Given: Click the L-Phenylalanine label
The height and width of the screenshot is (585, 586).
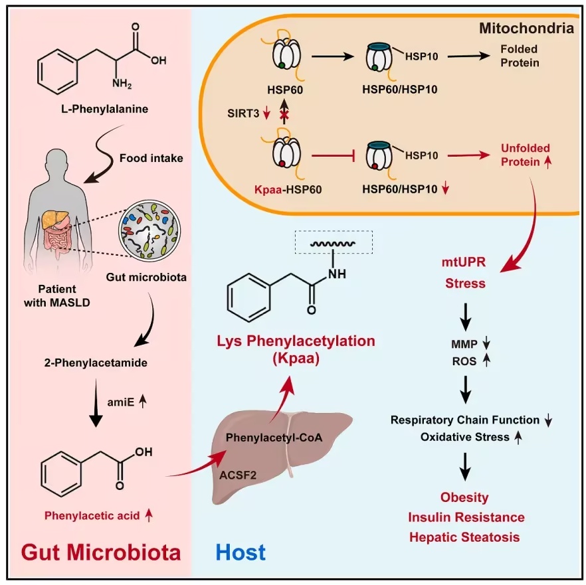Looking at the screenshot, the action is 105,109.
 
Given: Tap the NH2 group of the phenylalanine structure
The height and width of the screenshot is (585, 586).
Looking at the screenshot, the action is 122,83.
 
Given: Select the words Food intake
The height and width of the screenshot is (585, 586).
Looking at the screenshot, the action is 151,158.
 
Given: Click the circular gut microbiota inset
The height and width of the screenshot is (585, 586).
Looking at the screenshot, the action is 149,229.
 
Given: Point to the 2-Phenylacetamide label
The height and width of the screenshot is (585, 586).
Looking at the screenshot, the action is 96,363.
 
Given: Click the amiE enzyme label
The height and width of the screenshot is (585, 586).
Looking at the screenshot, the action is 120,402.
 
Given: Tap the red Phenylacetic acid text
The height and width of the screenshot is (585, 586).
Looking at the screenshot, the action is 92,515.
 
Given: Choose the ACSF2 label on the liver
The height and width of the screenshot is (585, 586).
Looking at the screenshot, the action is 238,475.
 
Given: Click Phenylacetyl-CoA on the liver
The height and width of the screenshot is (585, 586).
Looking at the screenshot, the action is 274,438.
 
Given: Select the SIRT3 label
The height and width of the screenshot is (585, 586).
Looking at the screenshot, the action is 243,113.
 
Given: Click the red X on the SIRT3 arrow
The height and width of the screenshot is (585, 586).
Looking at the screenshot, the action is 284,116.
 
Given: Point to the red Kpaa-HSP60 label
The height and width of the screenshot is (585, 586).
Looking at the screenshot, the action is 288,189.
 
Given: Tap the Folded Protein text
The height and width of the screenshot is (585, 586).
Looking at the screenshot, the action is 520,56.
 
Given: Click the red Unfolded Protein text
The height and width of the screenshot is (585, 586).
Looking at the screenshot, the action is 525,155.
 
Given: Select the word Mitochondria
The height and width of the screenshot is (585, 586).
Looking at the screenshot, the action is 527,29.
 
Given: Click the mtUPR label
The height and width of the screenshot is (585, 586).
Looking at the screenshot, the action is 464,262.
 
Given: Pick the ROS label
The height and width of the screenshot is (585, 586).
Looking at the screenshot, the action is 464,361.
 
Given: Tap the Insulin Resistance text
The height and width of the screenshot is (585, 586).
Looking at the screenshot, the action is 466,517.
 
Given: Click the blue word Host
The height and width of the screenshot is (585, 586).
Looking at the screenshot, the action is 241,552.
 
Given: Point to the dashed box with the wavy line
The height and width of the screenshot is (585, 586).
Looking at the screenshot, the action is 334,242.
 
